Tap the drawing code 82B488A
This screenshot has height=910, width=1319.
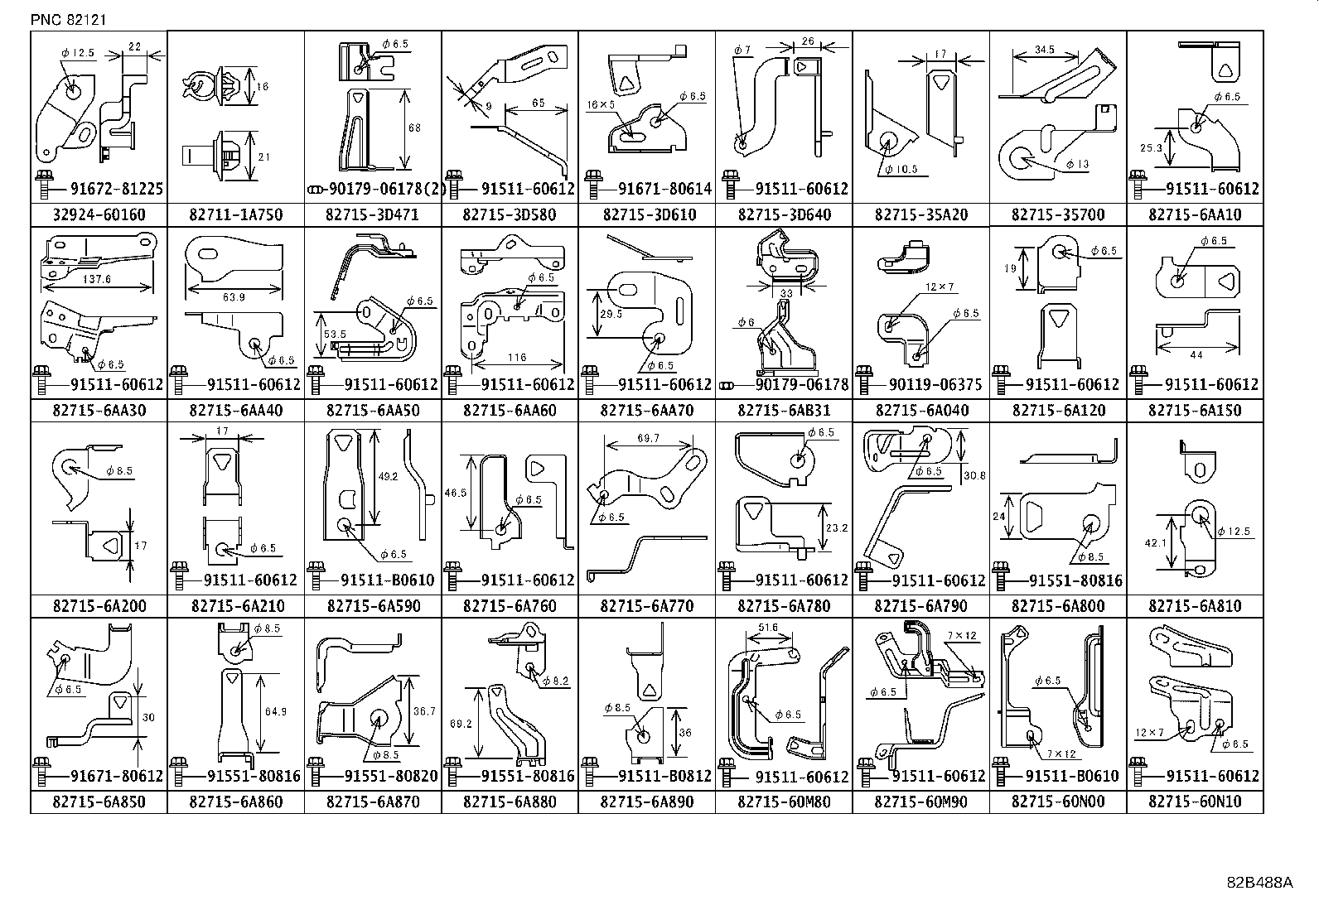point(1259,883)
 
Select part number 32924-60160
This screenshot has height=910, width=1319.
point(99,215)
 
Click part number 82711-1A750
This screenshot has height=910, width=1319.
point(235,215)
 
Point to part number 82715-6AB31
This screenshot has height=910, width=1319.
point(783,411)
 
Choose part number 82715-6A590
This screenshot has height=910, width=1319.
point(373,606)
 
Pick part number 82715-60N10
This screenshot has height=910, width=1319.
point(1195,802)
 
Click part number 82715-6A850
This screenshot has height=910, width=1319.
point(99,802)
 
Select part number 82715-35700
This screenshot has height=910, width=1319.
point(1057,215)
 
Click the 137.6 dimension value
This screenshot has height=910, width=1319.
point(97,279)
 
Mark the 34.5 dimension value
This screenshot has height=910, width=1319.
point(1045,50)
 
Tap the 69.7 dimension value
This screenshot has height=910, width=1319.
point(649,438)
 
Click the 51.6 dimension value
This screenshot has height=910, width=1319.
point(768,628)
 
